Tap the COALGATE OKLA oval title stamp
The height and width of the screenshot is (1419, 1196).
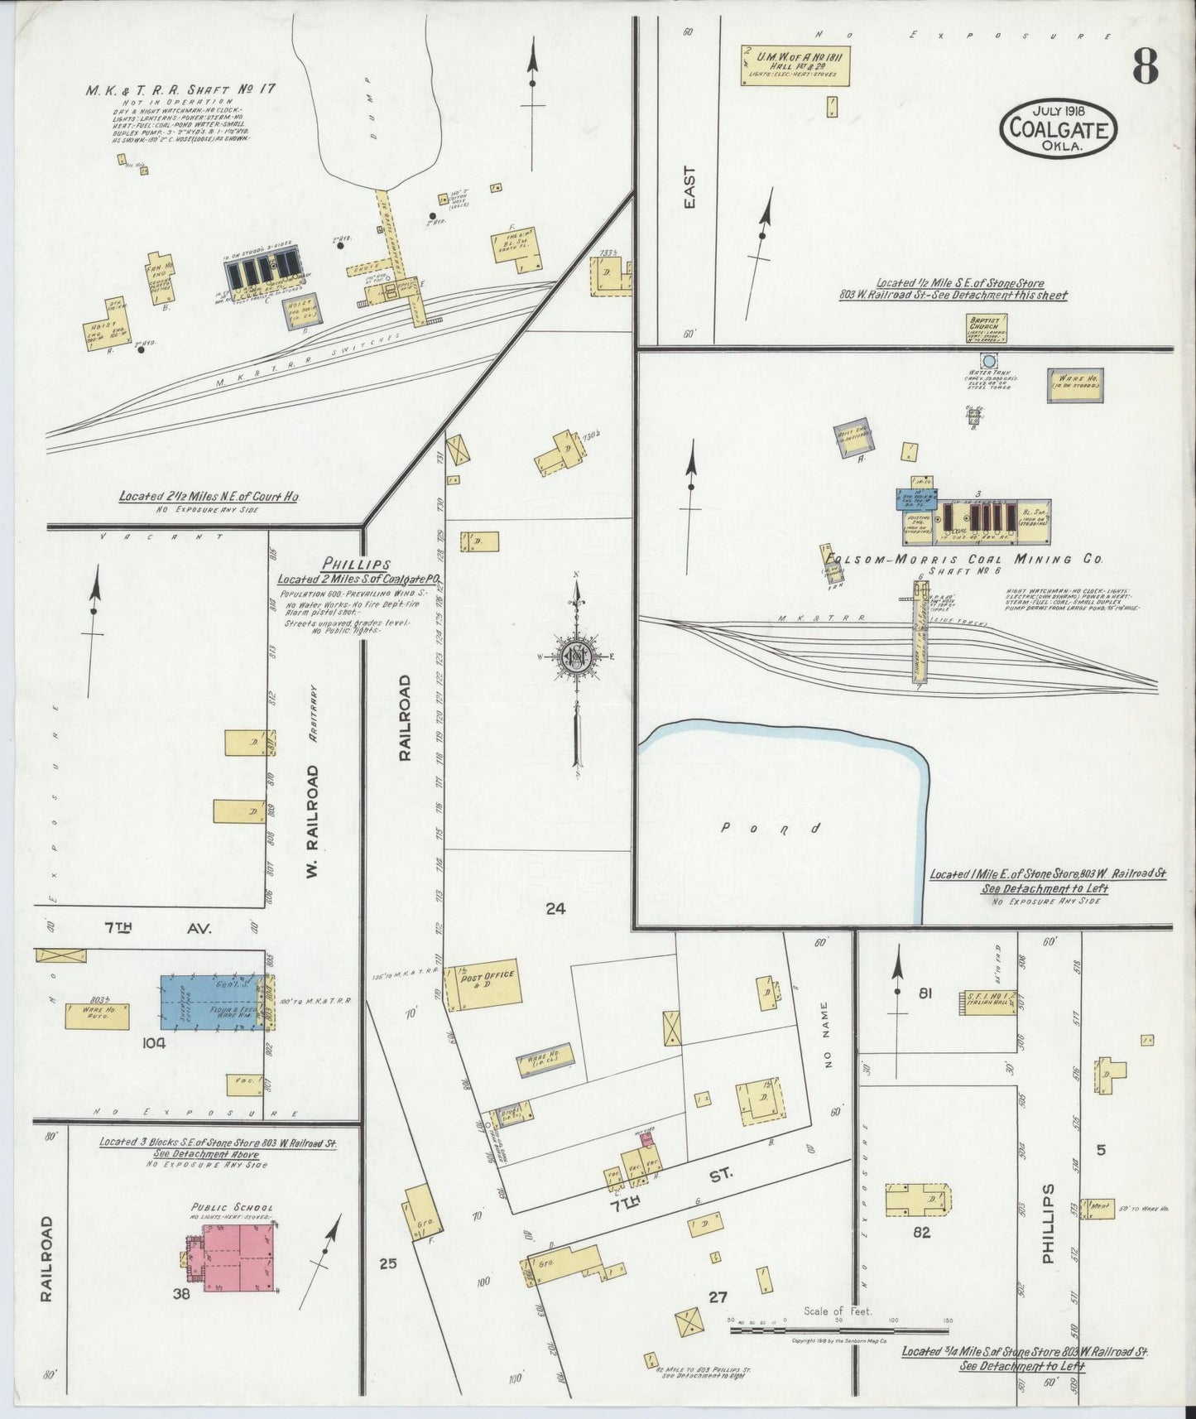[x=1059, y=127]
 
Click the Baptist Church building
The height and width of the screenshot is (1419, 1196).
[x=986, y=328]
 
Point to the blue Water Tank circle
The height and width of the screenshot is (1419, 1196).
[x=987, y=362]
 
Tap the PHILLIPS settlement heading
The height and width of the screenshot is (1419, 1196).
[x=334, y=564]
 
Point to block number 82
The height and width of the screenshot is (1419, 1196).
[x=921, y=1232]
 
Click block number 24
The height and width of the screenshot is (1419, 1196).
[x=555, y=908]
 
